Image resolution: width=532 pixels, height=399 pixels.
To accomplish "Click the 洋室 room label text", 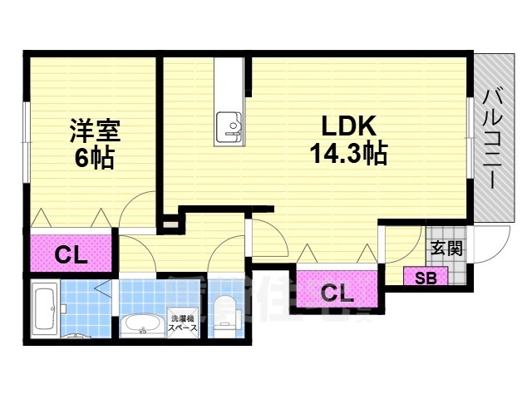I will pos(94,132).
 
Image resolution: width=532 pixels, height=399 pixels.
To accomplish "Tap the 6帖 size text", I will pos(94,158).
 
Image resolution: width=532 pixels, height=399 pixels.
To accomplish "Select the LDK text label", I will pos(349,127).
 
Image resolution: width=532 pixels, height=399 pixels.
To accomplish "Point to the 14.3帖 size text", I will pos(349,154).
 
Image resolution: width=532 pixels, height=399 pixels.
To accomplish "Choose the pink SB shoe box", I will pos(425,277).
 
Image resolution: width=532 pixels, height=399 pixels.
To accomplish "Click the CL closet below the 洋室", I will pos(71,255).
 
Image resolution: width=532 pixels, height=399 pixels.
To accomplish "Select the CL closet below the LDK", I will pos(336,292).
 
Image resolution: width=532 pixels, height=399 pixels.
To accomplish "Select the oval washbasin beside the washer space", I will pos(144,325).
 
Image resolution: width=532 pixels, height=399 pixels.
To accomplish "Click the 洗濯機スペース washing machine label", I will pos(184,324).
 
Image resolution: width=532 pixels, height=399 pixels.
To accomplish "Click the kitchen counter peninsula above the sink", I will pos(229,83).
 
